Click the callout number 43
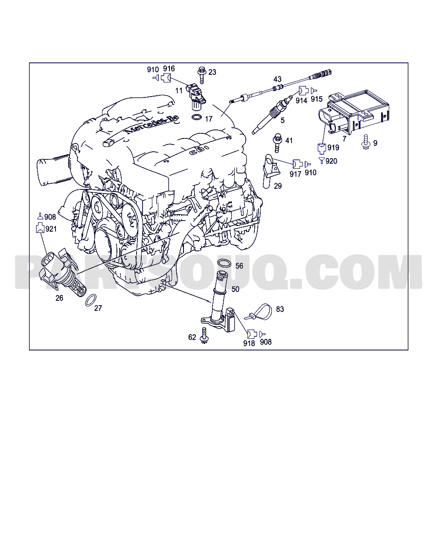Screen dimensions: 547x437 click(x=277, y=79)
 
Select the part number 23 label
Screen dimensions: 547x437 click(x=212, y=72)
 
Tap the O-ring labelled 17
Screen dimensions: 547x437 click(x=197, y=118)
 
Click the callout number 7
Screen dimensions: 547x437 click(x=344, y=139)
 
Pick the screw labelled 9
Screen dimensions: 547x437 click(x=365, y=142)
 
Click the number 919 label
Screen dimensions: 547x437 click(x=333, y=147)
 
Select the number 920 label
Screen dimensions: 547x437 click(x=331, y=161)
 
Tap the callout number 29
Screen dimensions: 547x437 click(x=278, y=186)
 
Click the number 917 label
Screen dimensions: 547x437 click(x=295, y=174)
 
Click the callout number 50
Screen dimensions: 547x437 click(x=235, y=289)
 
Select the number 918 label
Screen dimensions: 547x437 click(x=249, y=343)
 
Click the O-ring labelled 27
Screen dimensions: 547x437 click(x=90, y=300)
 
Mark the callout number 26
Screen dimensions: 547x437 click(x=59, y=298)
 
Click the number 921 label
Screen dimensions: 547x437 click(x=51, y=229)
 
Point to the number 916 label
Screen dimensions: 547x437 click(x=169, y=69)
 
